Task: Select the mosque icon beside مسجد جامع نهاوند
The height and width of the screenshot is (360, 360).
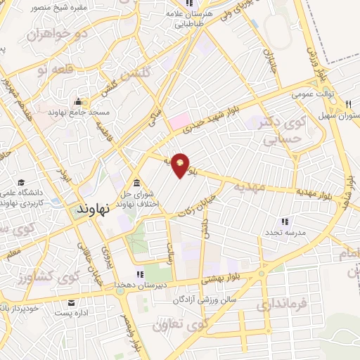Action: [78, 101]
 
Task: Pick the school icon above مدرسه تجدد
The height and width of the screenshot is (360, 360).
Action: [269, 221]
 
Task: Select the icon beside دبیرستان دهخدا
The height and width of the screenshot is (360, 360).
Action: [139, 274]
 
